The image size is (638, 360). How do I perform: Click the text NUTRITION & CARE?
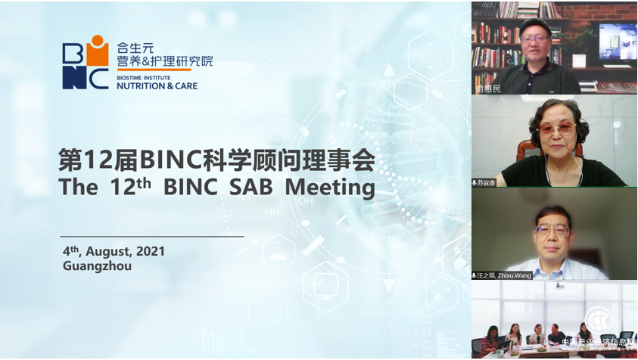157,86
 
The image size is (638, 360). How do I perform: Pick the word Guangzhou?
98,265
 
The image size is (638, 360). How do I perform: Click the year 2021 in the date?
149,251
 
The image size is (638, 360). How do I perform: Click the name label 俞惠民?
488,88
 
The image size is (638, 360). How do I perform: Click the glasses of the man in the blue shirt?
552,228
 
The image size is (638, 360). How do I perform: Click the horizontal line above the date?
152,237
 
